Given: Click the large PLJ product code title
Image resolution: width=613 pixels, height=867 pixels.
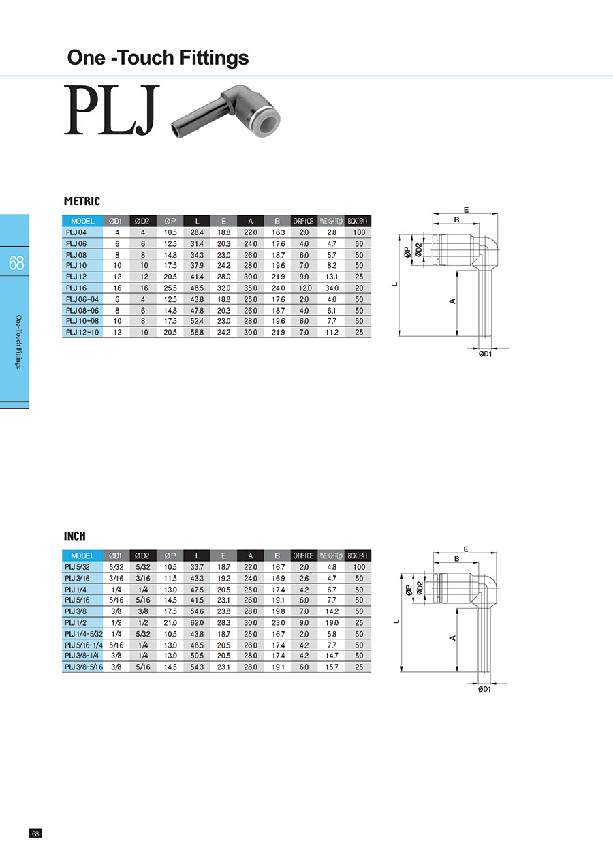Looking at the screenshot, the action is (x=112, y=110).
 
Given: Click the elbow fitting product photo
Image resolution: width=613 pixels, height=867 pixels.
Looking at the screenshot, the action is (x=226, y=112).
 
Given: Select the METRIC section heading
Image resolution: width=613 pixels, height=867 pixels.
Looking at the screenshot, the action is (x=82, y=201).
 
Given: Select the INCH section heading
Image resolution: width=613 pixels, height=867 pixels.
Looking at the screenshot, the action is (x=75, y=536).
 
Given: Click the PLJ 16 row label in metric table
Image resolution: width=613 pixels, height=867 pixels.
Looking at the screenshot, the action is (x=76, y=288).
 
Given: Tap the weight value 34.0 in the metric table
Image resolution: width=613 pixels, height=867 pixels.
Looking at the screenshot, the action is (x=332, y=288).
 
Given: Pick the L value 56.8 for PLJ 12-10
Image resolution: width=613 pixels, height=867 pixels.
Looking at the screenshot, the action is (x=197, y=333).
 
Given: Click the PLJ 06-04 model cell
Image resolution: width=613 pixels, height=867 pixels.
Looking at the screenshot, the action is (x=82, y=299).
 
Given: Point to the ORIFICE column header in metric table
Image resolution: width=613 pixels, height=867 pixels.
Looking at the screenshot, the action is (x=304, y=221).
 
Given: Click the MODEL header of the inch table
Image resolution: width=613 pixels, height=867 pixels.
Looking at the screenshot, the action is (x=82, y=556).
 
